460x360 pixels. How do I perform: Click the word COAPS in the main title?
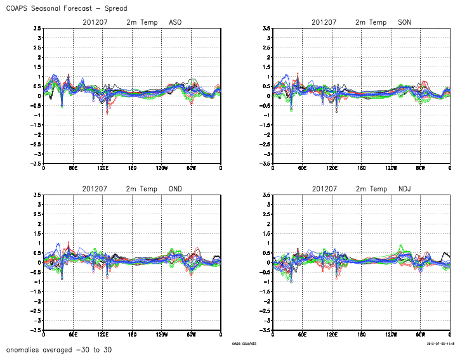19,8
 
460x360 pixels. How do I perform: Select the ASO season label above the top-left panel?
176,22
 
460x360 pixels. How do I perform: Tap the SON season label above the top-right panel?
404,22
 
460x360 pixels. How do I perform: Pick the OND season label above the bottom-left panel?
176,189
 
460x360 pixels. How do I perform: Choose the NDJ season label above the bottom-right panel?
404,189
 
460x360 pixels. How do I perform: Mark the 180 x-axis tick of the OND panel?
132,334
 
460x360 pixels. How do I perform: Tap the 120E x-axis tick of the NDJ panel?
331,334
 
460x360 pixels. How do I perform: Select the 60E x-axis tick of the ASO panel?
73,168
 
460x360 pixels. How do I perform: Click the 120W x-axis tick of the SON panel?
391,168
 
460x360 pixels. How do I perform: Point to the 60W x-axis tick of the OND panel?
191,334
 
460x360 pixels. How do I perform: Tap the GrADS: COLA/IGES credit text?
245,344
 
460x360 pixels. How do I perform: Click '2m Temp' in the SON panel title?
371,22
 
